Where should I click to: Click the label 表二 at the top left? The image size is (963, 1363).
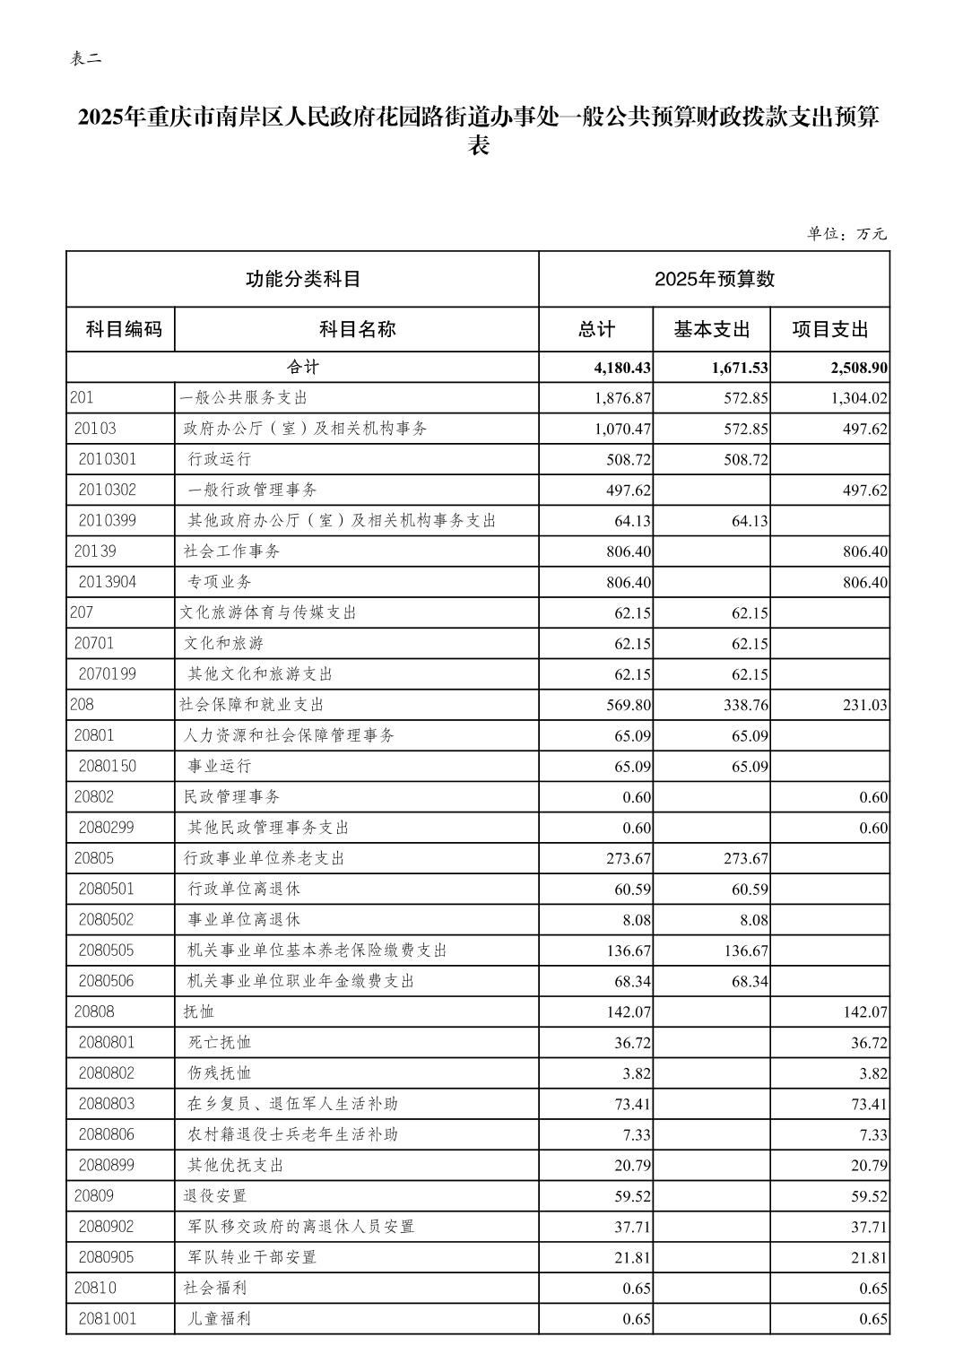tap(86, 59)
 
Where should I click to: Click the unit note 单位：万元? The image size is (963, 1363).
tap(846, 234)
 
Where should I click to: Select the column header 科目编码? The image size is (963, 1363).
tap(124, 329)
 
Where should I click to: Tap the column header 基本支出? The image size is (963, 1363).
tap(711, 329)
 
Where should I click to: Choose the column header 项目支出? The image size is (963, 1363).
tap(829, 329)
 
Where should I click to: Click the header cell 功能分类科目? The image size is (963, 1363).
tap(303, 279)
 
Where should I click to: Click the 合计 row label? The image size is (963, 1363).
tap(303, 368)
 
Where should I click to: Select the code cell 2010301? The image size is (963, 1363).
tap(108, 459)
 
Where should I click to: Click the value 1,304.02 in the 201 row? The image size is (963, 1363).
tap(855, 398)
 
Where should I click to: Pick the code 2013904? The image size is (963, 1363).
tap(108, 582)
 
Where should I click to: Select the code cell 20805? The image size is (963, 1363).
tap(94, 858)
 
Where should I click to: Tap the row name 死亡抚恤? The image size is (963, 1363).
tap(220, 1042)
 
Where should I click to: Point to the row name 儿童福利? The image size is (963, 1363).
tap(220, 1319)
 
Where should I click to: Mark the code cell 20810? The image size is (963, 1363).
tap(94, 1288)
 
